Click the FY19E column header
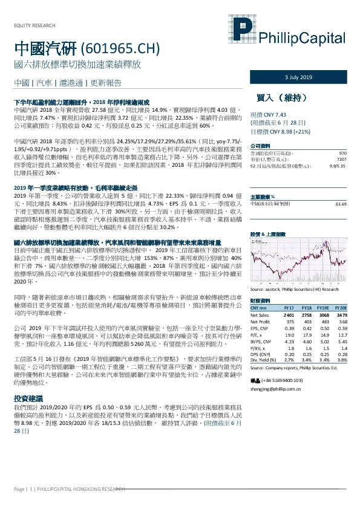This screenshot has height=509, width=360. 322,308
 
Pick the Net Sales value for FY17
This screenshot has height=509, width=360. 289,315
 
